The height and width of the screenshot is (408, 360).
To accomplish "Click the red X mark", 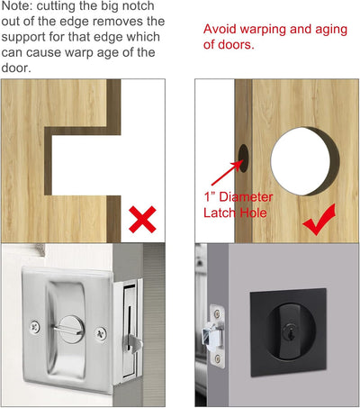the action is [142, 220].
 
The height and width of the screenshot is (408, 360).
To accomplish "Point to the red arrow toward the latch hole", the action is [227, 173].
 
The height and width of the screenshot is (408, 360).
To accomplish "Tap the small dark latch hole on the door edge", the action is [244, 159].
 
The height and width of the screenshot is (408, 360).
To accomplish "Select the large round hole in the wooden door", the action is [305, 161].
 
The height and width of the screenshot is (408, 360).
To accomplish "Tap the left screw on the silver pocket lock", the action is [35, 326].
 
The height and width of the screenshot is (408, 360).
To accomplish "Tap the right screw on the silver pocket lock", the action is [101, 333].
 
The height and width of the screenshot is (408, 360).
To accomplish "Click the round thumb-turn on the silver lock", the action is [70, 330].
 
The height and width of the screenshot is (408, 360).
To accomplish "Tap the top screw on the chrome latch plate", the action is [217, 313].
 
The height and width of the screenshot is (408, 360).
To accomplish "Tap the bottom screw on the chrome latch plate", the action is [218, 358].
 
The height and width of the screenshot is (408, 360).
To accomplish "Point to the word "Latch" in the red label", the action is [220, 213].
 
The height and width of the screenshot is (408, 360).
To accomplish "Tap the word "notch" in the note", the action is [138, 6].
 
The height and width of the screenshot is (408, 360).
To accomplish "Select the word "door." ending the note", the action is [16, 68].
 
